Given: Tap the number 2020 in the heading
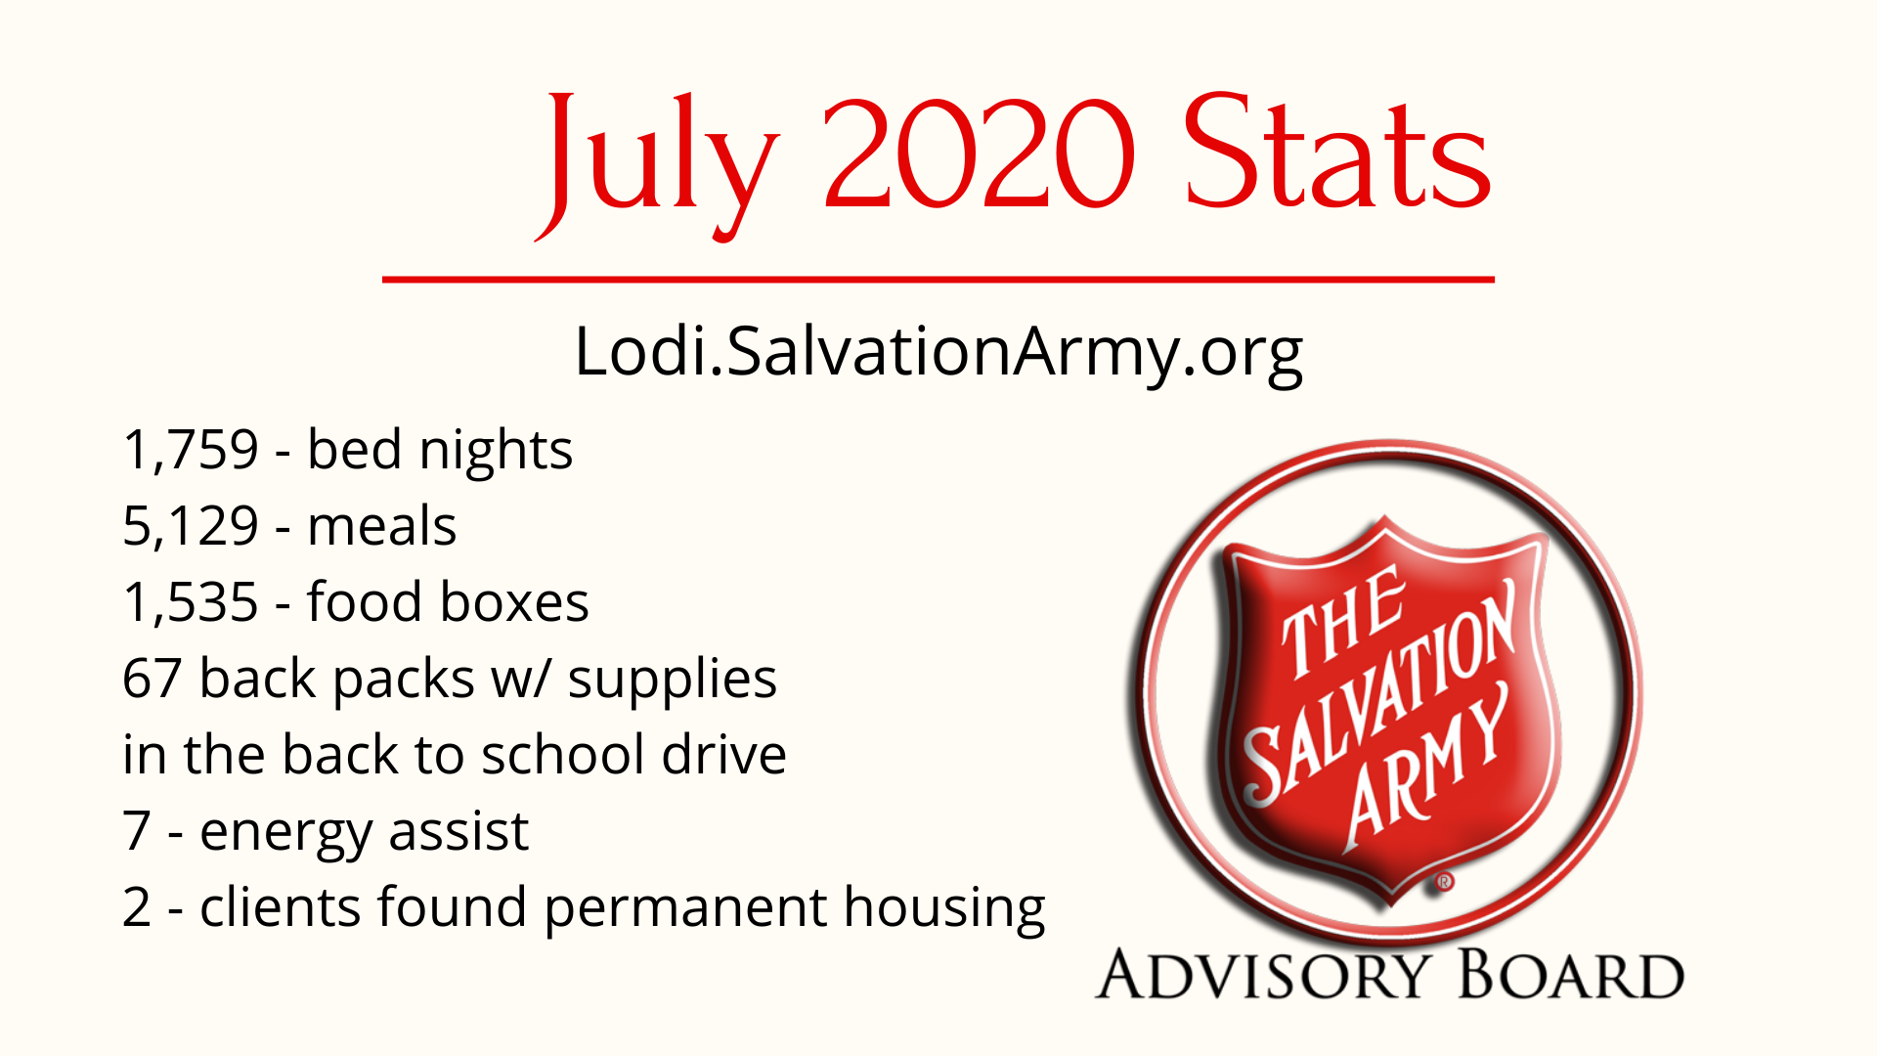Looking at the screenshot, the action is tap(980, 154).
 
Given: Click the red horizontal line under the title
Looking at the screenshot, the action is tap(938, 280).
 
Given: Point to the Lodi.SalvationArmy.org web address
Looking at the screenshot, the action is tap(938, 354).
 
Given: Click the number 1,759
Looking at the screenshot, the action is tap(191, 452).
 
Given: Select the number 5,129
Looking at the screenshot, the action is tap(191, 527).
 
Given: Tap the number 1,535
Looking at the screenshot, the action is tap(191, 602).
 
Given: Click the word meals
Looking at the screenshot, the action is tap(381, 527).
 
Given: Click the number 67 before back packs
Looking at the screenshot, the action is tap(153, 679).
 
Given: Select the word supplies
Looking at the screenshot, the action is tap(672, 681).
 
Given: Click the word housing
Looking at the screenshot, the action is tap(944, 909).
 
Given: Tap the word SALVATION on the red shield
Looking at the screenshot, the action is tap(1378, 694).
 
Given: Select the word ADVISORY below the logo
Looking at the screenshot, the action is tap(1262, 975).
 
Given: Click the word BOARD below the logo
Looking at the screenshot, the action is tap(1571, 975).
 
